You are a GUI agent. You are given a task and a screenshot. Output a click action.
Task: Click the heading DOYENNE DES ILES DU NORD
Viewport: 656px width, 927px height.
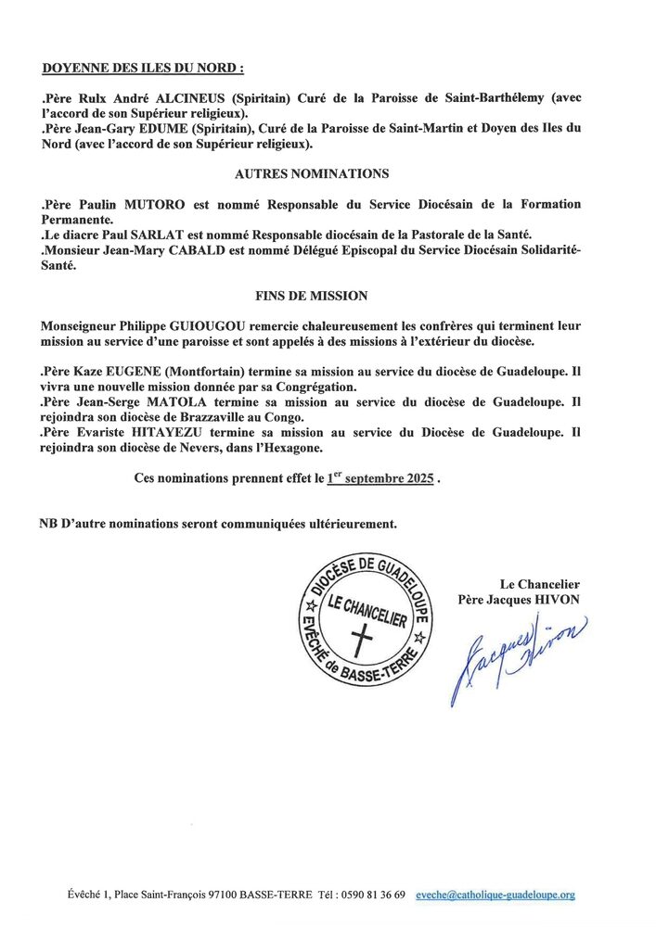(x=143, y=69)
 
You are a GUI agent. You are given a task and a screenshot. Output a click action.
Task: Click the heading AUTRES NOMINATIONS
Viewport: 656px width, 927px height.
(x=312, y=173)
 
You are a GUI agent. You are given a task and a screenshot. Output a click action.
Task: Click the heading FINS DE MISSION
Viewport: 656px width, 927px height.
(x=312, y=296)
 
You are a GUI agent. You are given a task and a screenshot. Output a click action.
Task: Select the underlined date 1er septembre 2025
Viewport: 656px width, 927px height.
(x=380, y=480)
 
